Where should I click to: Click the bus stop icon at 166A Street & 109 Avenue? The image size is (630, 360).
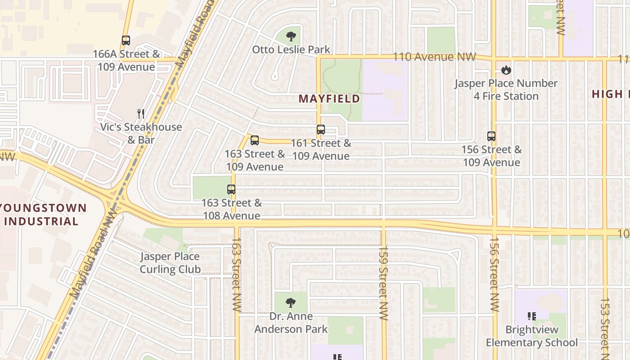tap(126, 40)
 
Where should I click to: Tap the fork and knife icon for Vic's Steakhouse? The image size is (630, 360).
tap(141, 114)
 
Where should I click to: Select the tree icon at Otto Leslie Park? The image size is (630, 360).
tap(291, 36)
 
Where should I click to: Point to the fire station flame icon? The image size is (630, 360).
tap(506, 70)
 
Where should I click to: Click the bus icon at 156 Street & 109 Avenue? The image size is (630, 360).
tap(491, 136)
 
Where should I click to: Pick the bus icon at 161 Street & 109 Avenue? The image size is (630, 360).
tap(321, 130)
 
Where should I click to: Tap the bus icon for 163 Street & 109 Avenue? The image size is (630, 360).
tap(255, 140)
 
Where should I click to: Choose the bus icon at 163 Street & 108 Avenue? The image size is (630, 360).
tap(231, 189)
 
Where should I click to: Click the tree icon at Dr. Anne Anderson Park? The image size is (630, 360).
tap(291, 303)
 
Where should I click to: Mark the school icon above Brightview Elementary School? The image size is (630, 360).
tap(532, 316)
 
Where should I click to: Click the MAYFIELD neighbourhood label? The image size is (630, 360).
tap(330, 99)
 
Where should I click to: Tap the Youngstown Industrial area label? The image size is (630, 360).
tap(43, 215)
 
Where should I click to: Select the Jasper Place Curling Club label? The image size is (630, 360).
tap(170, 263)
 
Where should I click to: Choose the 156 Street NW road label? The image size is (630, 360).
tap(494, 274)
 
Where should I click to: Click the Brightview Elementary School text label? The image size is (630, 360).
tap(531, 336)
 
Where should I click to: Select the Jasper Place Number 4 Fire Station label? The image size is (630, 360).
tap(506, 90)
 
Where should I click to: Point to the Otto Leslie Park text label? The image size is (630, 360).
tap(291, 49)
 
